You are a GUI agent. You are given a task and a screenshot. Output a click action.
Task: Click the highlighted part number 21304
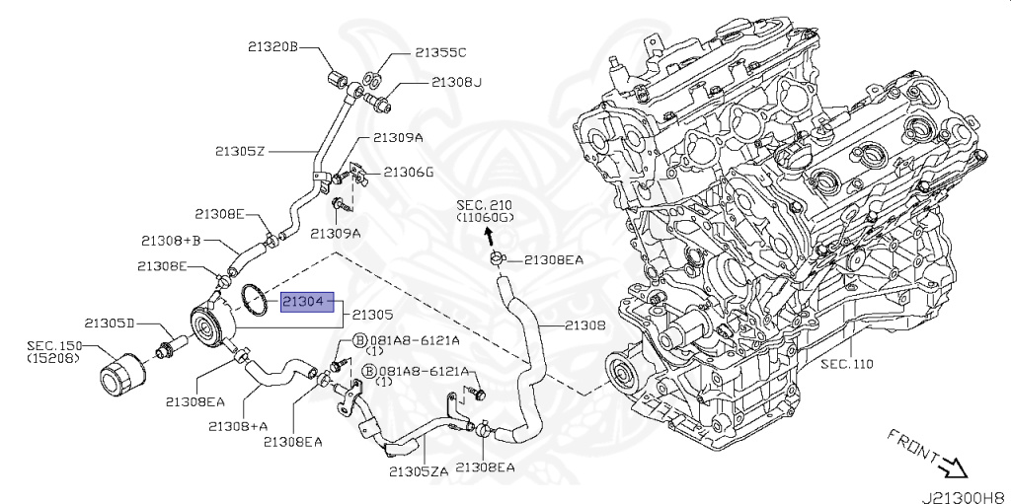click(x=308, y=301)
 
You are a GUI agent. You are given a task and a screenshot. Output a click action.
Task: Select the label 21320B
click(x=272, y=46)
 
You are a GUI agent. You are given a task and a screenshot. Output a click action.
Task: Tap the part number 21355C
click(x=440, y=53)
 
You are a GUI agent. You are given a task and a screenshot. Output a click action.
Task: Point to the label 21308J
click(x=456, y=83)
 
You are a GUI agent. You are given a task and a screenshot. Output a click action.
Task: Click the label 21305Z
click(x=241, y=152)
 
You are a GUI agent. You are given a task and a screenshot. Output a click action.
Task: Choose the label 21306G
click(x=408, y=172)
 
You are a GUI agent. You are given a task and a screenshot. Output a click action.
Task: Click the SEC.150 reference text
click(x=53, y=351)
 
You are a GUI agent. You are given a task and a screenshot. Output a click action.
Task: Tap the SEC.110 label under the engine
click(x=846, y=364)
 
